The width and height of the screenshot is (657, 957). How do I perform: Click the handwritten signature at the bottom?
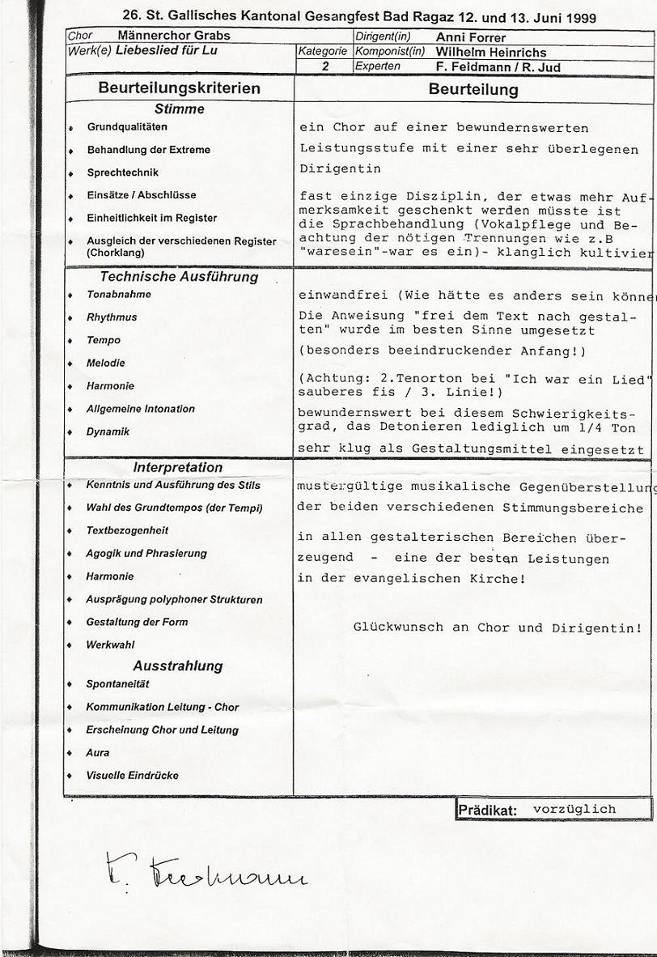click(x=206, y=870)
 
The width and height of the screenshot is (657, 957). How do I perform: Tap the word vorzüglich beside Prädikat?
click(x=574, y=809)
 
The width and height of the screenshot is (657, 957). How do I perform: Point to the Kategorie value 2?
click(x=324, y=66)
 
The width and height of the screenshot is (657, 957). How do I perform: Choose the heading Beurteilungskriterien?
click(x=179, y=88)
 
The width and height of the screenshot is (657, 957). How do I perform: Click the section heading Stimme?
click(x=179, y=109)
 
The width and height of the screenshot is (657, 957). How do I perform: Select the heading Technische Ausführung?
click(x=179, y=277)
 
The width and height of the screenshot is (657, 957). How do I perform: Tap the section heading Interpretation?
click(x=177, y=467)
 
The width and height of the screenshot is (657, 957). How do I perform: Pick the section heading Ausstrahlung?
click(x=177, y=666)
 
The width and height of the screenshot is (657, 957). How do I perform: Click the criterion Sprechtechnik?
click(x=122, y=172)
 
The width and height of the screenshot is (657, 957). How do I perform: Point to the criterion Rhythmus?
click(x=112, y=317)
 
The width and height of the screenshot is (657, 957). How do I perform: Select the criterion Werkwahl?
click(x=110, y=645)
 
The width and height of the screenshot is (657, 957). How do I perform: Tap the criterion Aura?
click(x=97, y=753)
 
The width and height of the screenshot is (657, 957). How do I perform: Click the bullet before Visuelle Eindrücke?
click(x=70, y=776)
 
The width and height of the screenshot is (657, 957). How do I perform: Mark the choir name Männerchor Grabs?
click(x=173, y=36)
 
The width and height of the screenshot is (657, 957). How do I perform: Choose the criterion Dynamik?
click(x=108, y=432)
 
